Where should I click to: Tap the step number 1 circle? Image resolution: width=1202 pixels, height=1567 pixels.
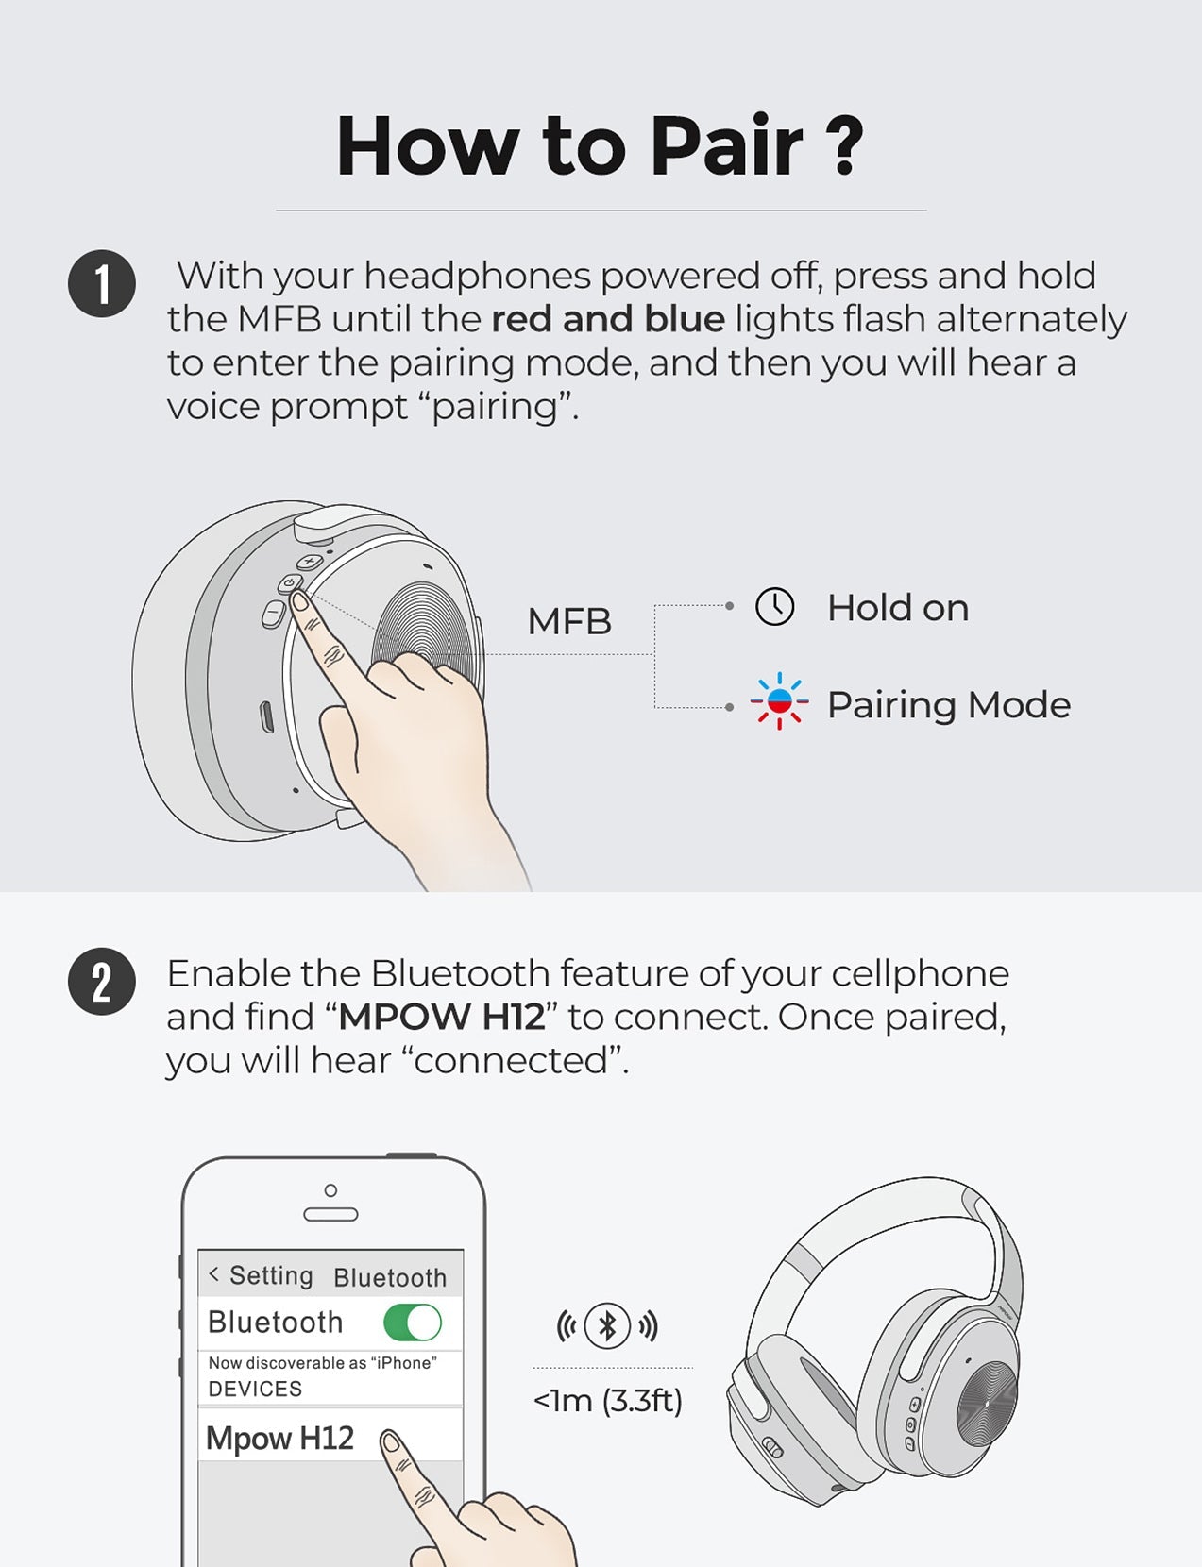click(x=102, y=283)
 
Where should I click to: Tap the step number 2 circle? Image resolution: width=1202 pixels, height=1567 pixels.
click(x=102, y=982)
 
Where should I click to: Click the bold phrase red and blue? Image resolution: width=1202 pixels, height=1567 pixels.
click(x=608, y=319)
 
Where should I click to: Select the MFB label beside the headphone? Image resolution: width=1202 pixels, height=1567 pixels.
click(x=569, y=621)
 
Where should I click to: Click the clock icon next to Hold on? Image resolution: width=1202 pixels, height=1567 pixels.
click(x=775, y=607)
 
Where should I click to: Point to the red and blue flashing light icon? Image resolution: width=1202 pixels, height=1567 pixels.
click(x=779, y=701)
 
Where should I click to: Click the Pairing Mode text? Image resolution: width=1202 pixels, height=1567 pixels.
click(x=948, y=705)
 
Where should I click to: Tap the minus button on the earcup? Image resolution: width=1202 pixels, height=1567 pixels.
click(x=273, y=614)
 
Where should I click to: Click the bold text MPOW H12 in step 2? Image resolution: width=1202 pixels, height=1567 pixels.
click(x=442, y=1018)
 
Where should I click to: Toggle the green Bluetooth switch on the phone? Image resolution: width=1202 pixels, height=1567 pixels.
click(x=413, y=1323)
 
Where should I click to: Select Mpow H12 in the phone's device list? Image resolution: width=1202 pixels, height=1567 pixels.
click(x=280, y=1438)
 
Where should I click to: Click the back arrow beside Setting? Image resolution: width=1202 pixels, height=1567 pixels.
click(x=214, y=1274)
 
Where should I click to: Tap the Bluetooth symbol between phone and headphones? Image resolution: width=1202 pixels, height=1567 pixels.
click(x=607, y=1325)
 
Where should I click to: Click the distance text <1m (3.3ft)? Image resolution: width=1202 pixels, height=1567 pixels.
click(x=607, y=1401)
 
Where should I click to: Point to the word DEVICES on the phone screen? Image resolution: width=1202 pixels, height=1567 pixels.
click(x=255, y=1389)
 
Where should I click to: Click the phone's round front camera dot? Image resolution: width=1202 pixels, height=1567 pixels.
click(x=330, y=1190)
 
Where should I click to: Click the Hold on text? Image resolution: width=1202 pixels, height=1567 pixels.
click(x=897, y=608)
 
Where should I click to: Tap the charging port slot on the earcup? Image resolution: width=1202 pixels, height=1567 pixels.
click(x=267, y=716)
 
